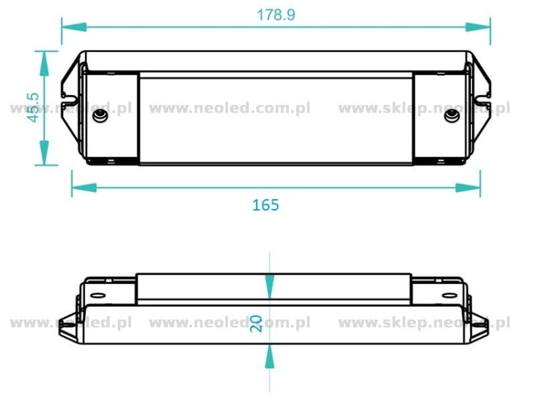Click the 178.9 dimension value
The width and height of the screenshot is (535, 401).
[x=275, y=15]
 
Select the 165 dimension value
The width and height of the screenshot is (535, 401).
[x=265, y=205]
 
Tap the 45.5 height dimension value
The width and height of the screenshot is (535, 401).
[x=34, y=108]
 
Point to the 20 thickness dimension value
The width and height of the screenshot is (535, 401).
[x=256, y=323]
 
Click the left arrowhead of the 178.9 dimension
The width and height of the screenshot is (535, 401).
[x=74, y=27]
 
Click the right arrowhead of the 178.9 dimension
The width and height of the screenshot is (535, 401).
[x=478, y=27]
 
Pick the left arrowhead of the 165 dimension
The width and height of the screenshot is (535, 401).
[x=84, y=188]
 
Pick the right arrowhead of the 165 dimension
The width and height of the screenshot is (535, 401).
[x=468, y=188]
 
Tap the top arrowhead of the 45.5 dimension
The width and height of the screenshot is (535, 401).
[x=44, y=64]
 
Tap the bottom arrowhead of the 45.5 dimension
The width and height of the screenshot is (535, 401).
[x=44, y=153]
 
